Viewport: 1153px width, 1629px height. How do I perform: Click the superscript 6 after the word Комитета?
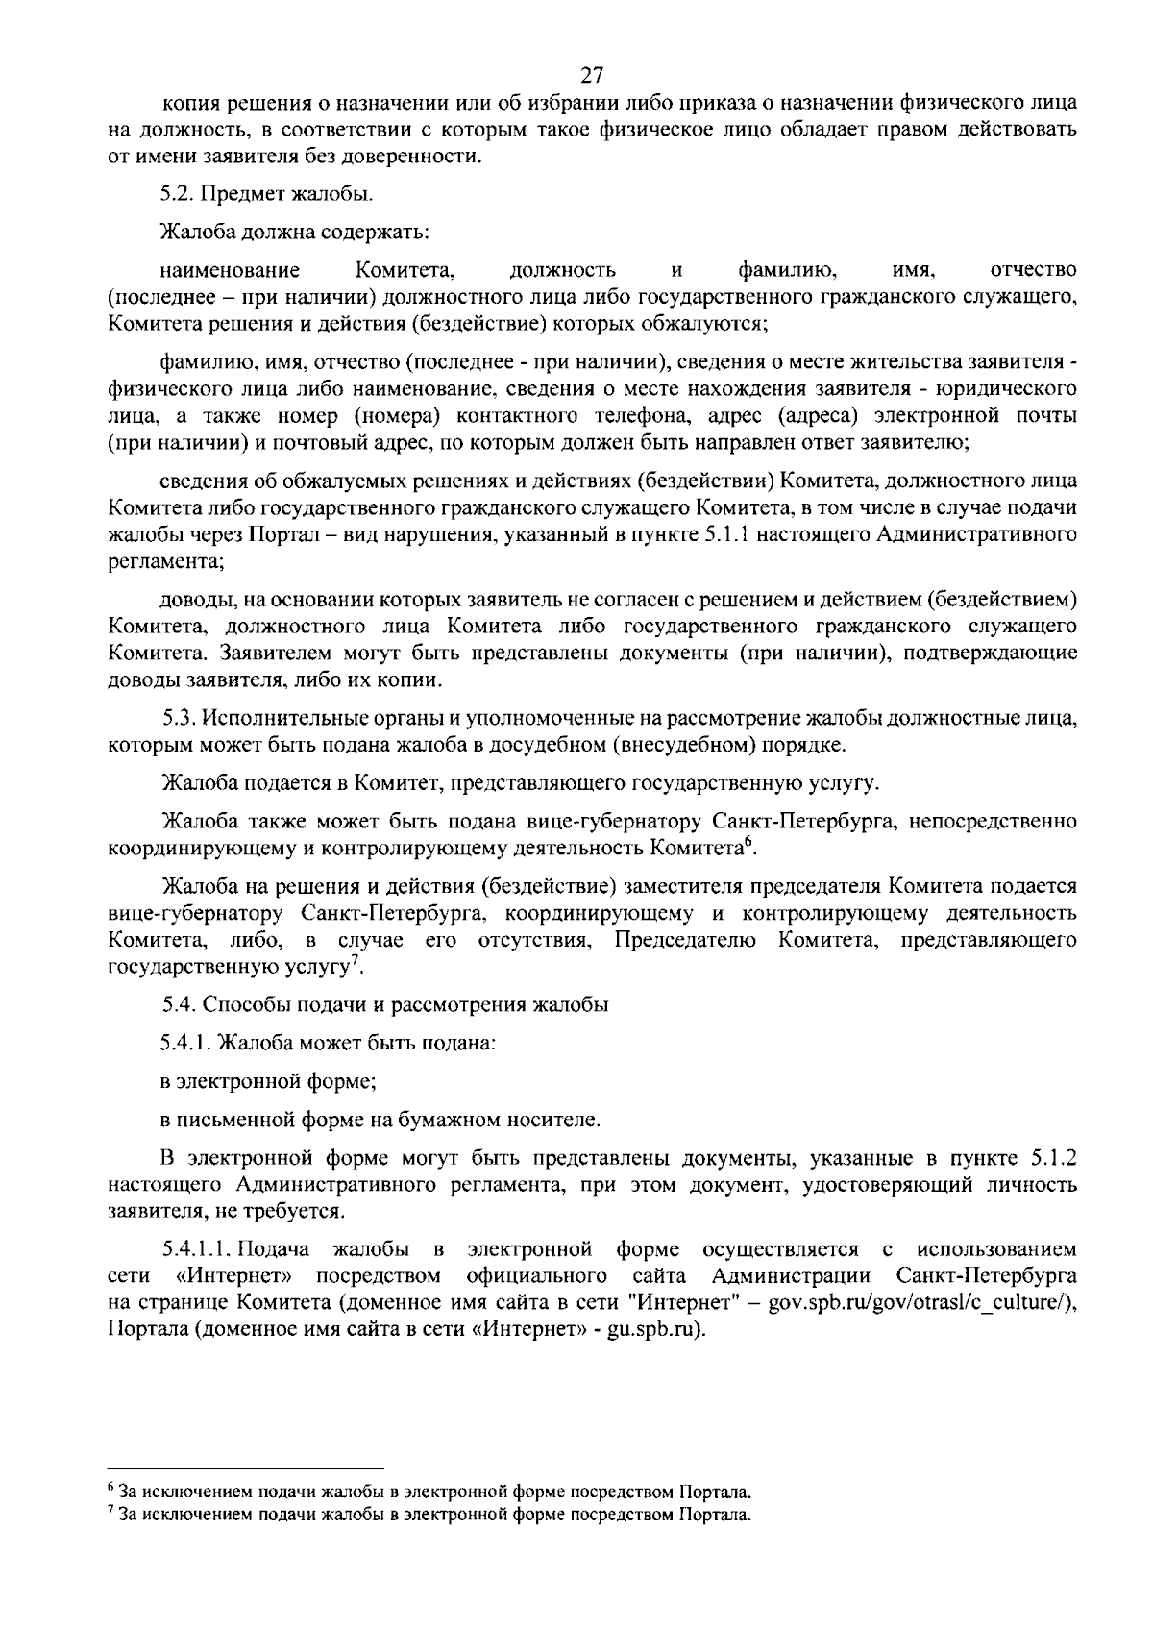748,842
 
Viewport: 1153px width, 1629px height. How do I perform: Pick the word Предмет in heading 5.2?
246,194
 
